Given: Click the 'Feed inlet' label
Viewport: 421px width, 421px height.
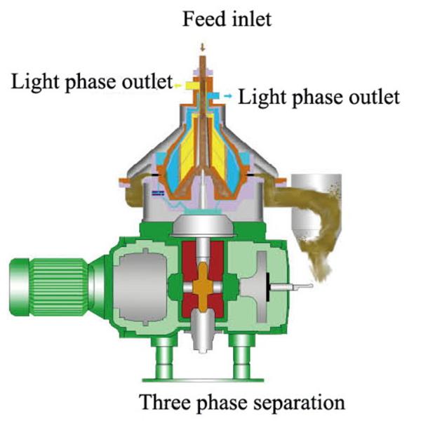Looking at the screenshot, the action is [227, 19].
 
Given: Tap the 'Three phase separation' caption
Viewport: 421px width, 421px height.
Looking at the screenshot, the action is [241, 403].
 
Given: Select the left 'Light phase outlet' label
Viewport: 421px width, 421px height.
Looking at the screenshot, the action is [91, 82].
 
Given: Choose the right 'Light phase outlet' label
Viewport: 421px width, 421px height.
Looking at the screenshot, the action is [319, 98].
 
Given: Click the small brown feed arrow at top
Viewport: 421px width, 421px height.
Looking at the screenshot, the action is [203, 48].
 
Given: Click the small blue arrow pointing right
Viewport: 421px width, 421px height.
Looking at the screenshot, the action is [228, 95].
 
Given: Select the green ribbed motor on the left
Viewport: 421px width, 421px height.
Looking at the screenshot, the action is [56, 287].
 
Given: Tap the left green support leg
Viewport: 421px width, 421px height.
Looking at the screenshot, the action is [164, 357].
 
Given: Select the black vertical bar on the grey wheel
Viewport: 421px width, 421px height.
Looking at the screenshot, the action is [268, 287].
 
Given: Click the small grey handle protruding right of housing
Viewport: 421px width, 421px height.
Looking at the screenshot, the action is [291, 287].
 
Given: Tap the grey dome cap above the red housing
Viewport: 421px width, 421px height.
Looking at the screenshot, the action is [203, 225].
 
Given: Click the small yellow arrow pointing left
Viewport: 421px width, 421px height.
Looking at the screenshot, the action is [178, 86].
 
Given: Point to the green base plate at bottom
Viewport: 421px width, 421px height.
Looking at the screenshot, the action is [203, 380].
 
